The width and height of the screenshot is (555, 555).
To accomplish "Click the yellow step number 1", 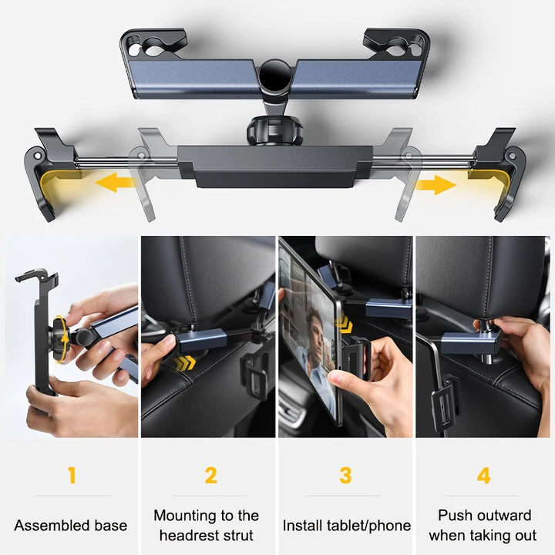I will pos(72,476).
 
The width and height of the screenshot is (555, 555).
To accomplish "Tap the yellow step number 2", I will pos(210,476).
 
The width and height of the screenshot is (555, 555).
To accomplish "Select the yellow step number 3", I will pos(345,476).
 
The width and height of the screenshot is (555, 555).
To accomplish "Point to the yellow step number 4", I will pos(483,476).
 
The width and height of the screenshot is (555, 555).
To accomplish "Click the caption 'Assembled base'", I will pos(71,526).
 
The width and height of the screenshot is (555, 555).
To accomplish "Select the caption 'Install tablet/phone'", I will pos(346,526).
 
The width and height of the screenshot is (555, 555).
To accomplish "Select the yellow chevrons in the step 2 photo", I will pos(183,363).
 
